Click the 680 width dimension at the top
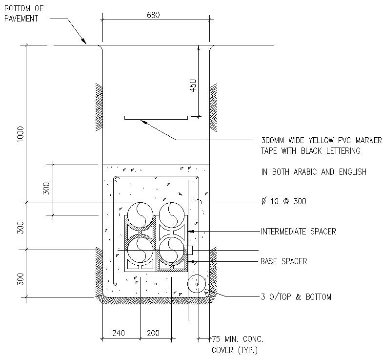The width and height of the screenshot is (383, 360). [153, 15]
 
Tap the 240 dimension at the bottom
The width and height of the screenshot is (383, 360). [119, 333]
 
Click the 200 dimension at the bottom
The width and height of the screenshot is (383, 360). [153, 333]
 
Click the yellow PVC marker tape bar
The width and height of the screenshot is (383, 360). [156, 118]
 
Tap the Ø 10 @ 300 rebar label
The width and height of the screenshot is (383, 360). [284, 201]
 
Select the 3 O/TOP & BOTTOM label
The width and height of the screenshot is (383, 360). [296, 296]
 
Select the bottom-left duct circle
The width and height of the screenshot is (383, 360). [141, 248]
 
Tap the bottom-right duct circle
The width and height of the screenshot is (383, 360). [171, 249]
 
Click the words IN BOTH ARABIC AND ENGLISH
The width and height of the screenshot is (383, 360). [314, 172]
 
